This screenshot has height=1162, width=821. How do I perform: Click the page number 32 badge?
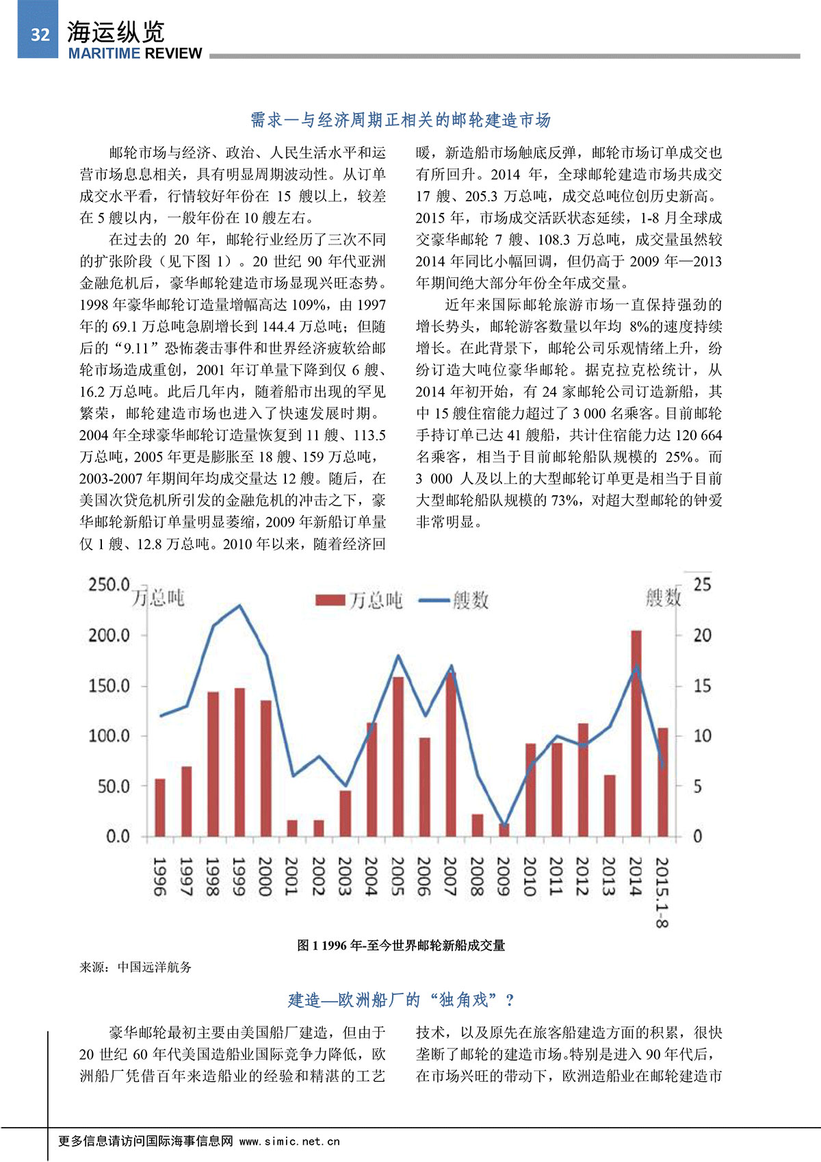click(x=39, y=34)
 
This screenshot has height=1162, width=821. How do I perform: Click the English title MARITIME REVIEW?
click(x=135, y=53)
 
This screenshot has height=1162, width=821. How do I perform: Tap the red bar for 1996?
click(x=160, y=807)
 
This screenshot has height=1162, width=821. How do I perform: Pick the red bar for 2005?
click(x=398, y=756)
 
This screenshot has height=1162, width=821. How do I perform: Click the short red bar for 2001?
click(x=292, y=828)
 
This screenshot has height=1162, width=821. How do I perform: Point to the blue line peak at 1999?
click(x=239, y=605)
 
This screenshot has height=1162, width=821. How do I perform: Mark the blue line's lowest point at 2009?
click(x=504, y=826)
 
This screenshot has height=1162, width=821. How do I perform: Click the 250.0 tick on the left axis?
click(x=109, y=585)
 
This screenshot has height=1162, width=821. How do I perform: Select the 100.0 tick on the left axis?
click(x=109, y=736)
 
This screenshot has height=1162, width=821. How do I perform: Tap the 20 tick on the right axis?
click(x=702, y=635)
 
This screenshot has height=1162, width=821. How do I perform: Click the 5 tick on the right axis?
click(x=698, y=786)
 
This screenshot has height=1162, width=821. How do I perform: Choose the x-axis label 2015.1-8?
click(x=662, y=892)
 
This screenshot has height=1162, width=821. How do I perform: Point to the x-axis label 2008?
click(x=477, y=876)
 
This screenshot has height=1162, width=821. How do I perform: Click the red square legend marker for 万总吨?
click(x=330, y=601)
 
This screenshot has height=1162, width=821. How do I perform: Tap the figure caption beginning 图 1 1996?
click(x=401, y=946)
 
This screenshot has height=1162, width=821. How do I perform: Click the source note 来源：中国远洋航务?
click(x=135, y=967)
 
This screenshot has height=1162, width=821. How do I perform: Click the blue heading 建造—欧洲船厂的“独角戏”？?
click(x=401, y=1000)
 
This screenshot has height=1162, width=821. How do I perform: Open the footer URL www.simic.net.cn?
click(x=289, y=1141)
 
